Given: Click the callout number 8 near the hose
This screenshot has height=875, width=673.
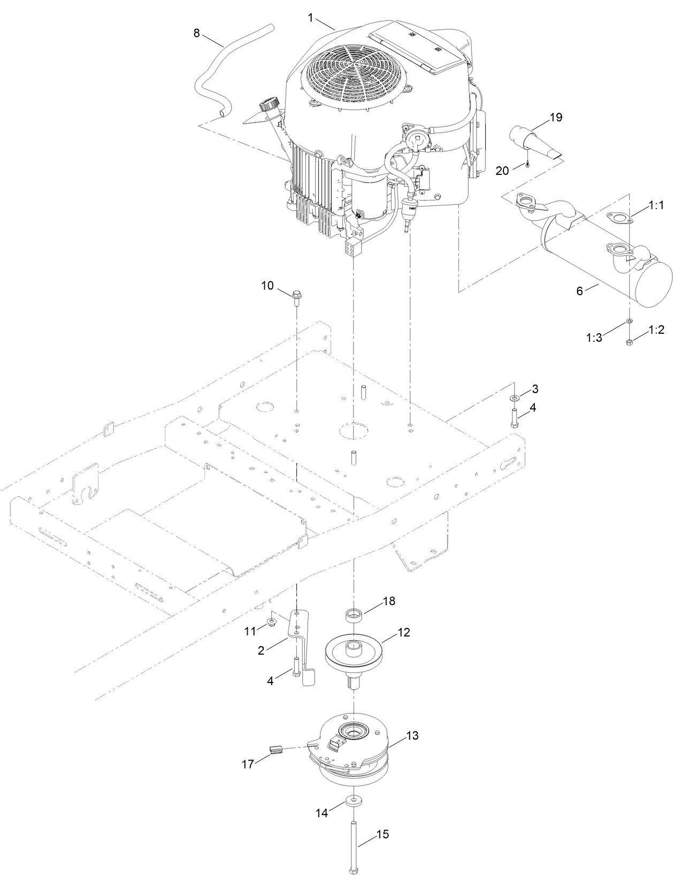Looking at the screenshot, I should coord(196,33).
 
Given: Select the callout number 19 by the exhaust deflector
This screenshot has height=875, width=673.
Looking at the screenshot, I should coord(556,117).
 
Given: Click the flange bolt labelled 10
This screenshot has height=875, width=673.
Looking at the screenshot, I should coord(297,296).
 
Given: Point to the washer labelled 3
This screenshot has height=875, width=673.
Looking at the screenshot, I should coord(514,398).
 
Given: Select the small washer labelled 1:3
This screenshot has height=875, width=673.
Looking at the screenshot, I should coord(630,321).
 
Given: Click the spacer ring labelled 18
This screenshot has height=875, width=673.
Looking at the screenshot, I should coord(353,615).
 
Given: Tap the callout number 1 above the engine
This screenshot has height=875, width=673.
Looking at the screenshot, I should coord(310,18).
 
